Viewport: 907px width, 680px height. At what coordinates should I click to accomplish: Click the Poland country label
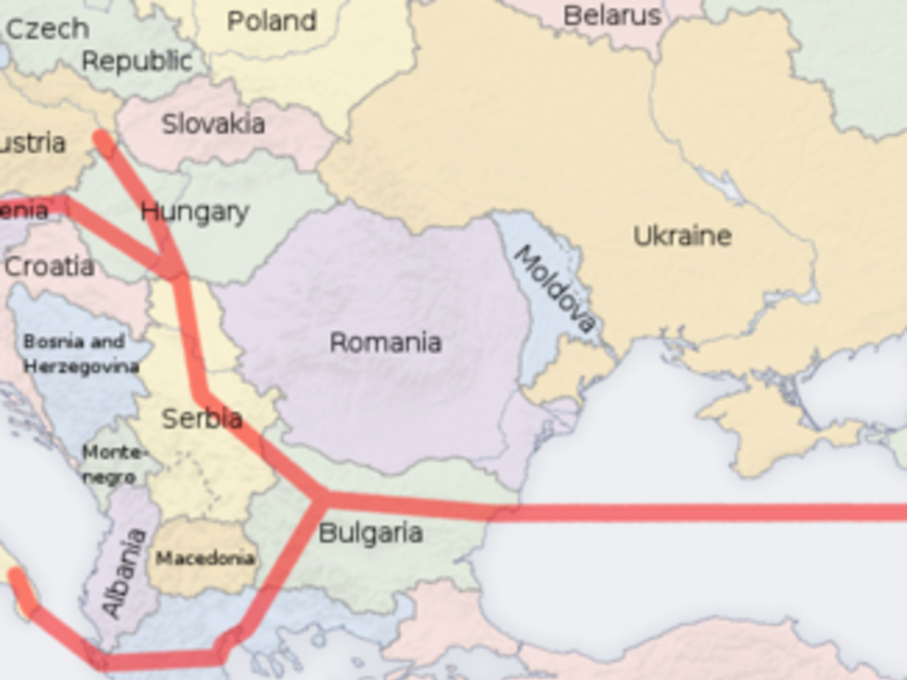[271, 21]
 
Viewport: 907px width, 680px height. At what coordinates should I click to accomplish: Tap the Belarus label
[612, 15]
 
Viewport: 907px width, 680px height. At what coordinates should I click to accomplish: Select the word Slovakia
[213, 124]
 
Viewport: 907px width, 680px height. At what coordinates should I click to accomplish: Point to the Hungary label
[195, 212]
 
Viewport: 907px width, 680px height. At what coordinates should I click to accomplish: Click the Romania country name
[385, 342]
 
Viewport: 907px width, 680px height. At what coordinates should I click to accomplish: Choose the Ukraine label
[682, 236]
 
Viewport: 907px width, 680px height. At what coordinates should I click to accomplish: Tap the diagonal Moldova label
[555, 288]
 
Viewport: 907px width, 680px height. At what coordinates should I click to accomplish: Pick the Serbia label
[202, 418]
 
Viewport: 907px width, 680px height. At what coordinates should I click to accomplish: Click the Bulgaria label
[370, 534]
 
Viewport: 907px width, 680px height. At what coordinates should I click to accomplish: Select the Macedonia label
[204, 558]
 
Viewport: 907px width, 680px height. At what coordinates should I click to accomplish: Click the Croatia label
[49, 266]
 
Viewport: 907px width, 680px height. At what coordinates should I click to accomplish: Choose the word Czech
[47, 29]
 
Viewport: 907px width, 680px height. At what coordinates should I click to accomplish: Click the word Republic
[137, 61]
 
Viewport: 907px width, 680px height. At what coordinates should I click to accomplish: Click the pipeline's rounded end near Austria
[103, 141]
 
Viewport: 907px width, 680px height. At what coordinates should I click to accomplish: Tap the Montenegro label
[110, 464]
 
